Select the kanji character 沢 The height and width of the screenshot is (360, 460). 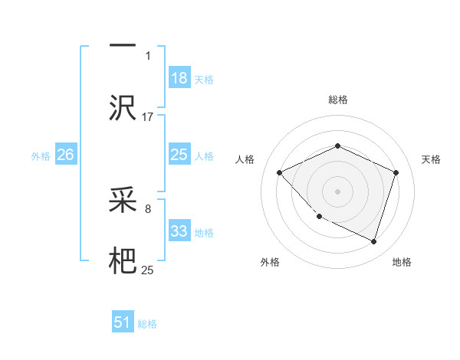(123, 106)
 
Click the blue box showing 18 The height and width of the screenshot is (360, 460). (179, 78)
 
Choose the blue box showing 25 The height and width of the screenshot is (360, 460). (179, 155)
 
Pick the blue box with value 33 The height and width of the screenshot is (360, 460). (179, 232)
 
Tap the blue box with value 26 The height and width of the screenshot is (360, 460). (66, 155)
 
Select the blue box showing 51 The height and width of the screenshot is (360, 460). (123, 323)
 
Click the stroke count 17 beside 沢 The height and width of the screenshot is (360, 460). (148, 116)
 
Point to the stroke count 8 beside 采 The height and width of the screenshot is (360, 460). (148, 208)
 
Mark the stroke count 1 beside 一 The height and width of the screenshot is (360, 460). (148, 56)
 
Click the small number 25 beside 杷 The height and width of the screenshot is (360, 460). (148, 270)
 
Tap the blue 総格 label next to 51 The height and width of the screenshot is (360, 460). (147, 324)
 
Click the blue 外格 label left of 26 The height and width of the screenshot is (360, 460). (41, 156)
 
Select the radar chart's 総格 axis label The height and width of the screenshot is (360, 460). (337, 100)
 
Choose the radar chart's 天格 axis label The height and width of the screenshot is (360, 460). (431, 159)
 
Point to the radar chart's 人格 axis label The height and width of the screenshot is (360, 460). (245, 159)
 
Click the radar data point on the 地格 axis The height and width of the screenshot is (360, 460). (373, 241)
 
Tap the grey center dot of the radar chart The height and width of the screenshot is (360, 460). (337, 191)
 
